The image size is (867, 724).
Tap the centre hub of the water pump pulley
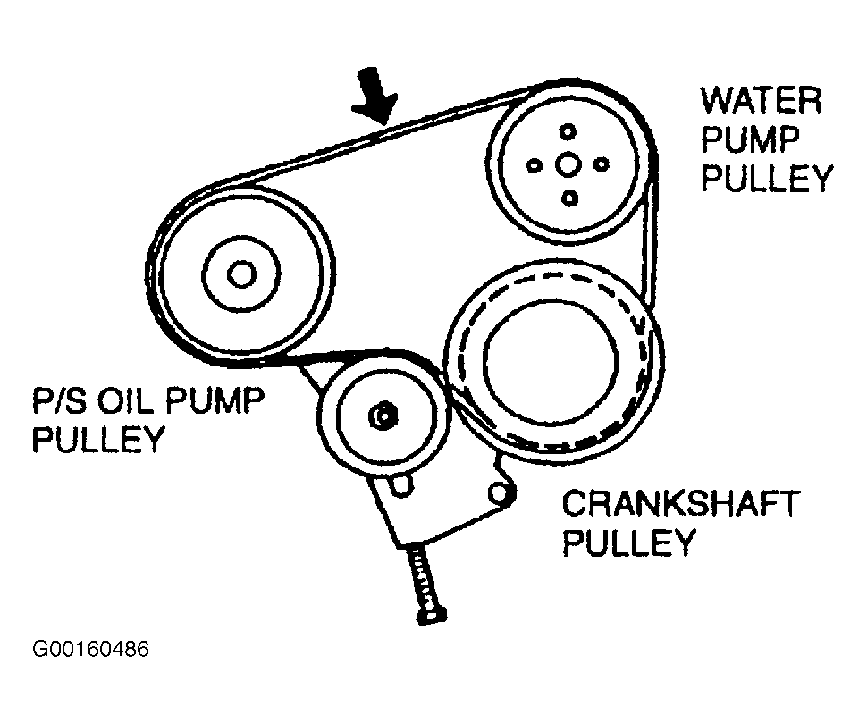567,164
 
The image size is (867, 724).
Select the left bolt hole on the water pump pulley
534,165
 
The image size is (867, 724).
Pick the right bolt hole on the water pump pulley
601,164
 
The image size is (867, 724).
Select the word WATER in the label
762,100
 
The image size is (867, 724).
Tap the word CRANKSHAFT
679,504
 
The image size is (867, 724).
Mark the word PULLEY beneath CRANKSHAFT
628,543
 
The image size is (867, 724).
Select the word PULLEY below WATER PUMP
766,179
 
